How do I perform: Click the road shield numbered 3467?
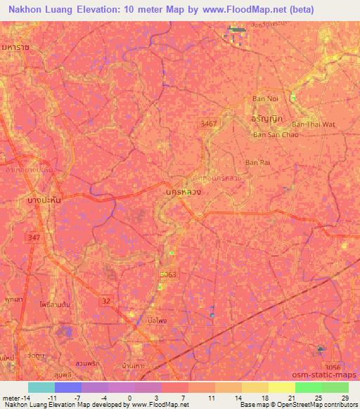[209, 123]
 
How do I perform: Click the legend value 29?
[344, 397]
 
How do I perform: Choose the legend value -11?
[52, 397]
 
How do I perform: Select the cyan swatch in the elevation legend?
[41, 387]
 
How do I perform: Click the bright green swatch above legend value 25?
[308, 387]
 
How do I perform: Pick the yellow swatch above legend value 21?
[281, 387]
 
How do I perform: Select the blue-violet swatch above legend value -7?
[67, 387]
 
